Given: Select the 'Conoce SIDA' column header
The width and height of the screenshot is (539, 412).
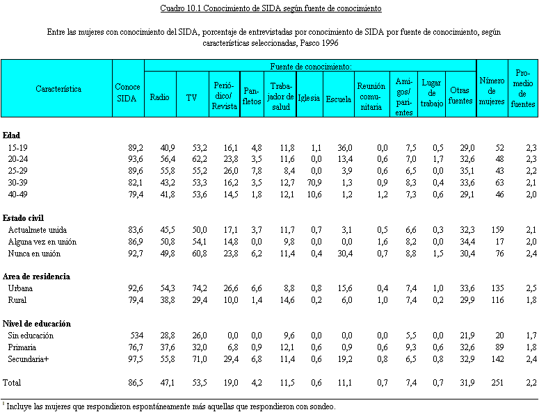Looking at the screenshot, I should (x=128, y=92).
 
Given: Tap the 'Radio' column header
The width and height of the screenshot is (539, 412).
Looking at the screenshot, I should (x=160, y=97).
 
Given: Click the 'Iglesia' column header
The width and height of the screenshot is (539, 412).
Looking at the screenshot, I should (x=308, y=98).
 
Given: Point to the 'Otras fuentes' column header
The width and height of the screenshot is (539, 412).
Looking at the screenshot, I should (x=460, y=95).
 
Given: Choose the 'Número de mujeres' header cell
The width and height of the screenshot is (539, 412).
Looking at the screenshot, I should (x=492, y=90).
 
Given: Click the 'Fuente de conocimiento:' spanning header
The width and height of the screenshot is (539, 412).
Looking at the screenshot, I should (x=310, y=66).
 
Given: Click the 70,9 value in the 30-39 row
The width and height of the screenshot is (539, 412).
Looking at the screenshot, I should (x=314, y=182).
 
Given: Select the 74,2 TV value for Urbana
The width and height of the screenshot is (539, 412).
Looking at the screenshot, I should (x=199, y=288).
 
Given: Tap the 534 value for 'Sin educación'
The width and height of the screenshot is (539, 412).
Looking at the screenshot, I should (x=136, y=336).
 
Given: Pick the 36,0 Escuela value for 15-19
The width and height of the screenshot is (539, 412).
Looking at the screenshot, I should (x=345, y=148).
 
